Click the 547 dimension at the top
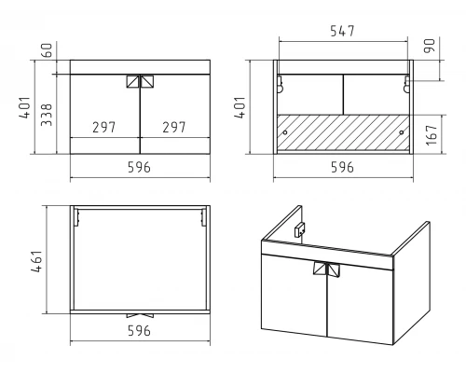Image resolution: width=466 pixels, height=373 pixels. tap(342, 31)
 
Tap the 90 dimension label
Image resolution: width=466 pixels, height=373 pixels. tap(430, 46)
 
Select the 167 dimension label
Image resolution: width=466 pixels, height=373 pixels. tap(432, 135)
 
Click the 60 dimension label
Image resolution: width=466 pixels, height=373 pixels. tap(47, 50)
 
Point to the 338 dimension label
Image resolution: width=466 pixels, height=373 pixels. tap(47, 115)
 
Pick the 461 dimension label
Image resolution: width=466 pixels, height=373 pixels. tap(36, 261)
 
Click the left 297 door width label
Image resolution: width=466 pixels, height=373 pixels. tap(103, 127)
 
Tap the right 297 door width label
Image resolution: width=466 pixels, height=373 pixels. tap(174, 127)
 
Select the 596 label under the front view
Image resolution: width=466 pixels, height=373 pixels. tap(139, 168)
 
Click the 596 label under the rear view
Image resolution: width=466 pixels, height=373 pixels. tap(342, 168)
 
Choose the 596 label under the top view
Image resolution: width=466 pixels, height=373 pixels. tap(139, 331)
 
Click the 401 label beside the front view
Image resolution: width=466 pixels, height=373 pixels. tap(25, 107)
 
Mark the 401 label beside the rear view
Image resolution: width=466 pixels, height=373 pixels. tap(240, 107)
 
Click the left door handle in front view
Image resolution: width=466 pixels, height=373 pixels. tap(132, 81)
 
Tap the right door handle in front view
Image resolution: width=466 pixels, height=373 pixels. tap(147, 81)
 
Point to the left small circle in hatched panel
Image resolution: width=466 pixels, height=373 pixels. tap(285, 132)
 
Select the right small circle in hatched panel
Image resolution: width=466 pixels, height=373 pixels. tap(402, 132)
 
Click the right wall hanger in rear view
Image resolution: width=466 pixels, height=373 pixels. tap(406, 84)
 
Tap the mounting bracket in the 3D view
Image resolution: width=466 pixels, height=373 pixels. tap(300, 230)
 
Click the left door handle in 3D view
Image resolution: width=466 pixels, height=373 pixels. tap(319, 269)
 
